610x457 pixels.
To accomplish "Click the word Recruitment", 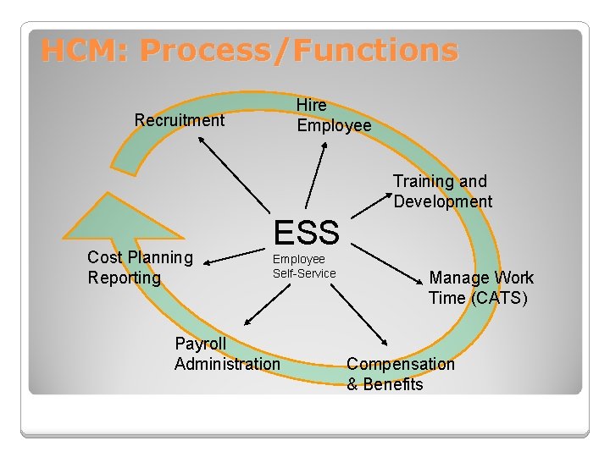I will [180, 120].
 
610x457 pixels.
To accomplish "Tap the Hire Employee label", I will [333, 116].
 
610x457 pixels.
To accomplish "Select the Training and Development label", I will [441, 191].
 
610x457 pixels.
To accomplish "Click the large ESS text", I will [306, 231].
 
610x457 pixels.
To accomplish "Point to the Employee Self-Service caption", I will [303, 267].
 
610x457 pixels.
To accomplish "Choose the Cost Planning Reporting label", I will [140, 267].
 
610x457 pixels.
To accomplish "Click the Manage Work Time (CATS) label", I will [480, 288].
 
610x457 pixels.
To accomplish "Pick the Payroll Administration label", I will [226, 354].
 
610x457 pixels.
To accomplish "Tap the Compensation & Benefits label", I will [400, 374].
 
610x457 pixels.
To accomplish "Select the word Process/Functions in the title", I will [298, 52].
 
